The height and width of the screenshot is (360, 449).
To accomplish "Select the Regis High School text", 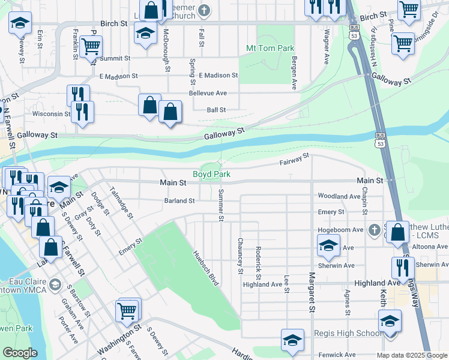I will [x=347, y=334].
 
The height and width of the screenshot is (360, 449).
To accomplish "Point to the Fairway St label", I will [x=294, y=159].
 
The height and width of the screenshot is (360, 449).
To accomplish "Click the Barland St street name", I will [x=179, y=201].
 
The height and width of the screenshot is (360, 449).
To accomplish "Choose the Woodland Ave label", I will [x=339, y=196].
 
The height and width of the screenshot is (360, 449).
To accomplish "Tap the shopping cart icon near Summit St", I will [x=90, y=46].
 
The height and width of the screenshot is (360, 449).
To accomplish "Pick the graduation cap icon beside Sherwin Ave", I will [x=328, y=245].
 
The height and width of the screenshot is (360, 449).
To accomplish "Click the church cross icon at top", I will [x=204, y=10].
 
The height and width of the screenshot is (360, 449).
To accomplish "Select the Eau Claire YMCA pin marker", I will [x=56, y=284].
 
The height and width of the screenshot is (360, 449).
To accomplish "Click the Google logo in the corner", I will [x=20, y=353].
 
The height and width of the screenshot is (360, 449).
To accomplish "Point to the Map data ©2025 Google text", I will [x=411, y=355].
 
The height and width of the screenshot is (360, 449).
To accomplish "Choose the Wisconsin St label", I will [x=51, y=113].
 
